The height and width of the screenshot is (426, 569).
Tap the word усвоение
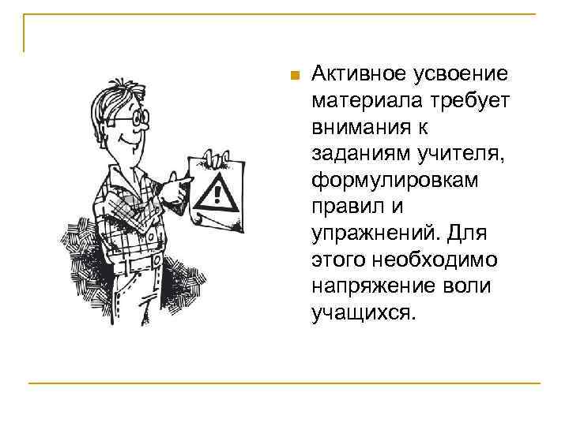[x=458, y=74]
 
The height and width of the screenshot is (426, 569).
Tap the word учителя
[x=456, y=154]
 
